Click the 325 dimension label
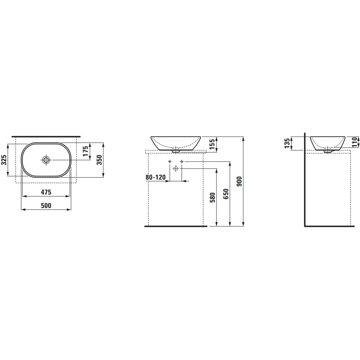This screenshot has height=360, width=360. pos(4,160)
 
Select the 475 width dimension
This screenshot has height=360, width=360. pos(46,192)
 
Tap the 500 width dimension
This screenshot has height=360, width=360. pos(46,205)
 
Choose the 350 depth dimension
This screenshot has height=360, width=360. pos(99,160)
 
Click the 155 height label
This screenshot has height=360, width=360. pos(212,144)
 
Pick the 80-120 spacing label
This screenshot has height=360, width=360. pos(155,177)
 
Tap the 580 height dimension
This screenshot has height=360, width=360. pos(213,197)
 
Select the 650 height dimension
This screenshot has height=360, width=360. pos(226,194)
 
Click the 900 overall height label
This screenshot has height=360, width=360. pos(239,182)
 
